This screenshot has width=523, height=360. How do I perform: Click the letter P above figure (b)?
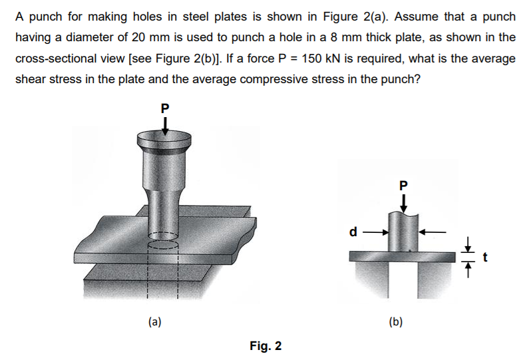coord(402,184)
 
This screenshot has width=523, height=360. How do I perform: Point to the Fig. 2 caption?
coord(265,346)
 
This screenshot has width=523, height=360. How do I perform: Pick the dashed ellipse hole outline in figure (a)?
coord(162,239)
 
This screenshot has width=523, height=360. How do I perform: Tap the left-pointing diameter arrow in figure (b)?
coord(430,233)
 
